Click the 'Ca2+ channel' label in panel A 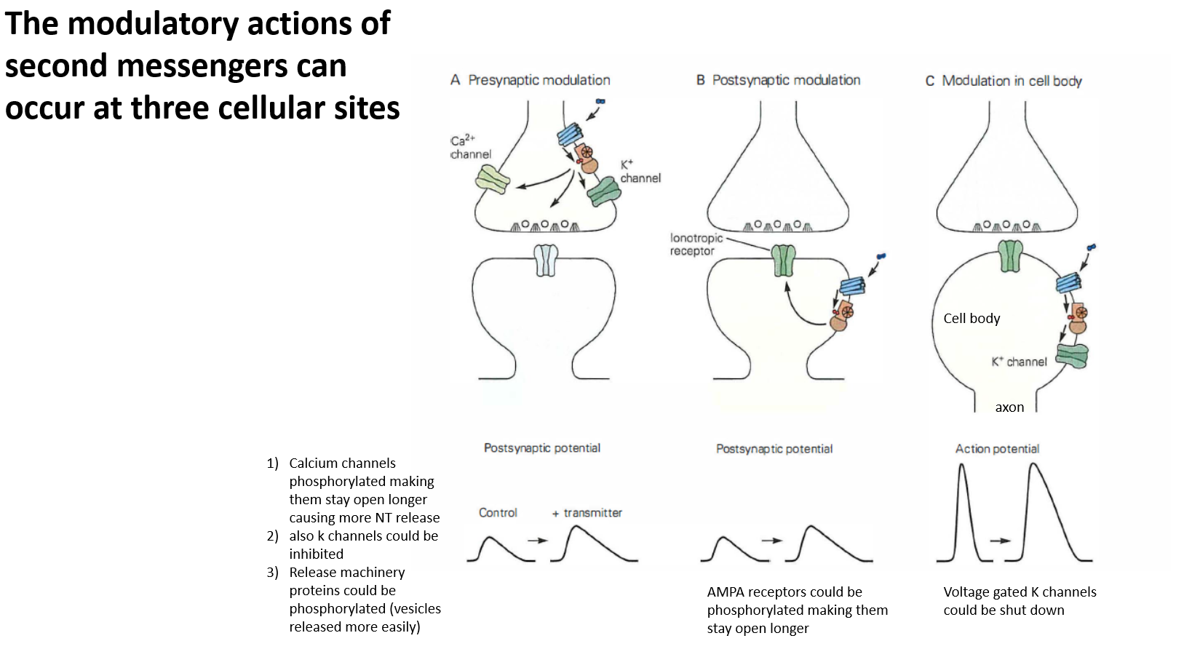pos(470,147)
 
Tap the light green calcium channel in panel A pos(492,179)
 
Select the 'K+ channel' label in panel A pos(640,172)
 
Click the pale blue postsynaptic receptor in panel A pos(546,260)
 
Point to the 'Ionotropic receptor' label pos(696,244)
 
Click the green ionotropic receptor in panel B pos(783,260)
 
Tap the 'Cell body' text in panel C pos(972,319)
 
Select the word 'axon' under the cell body pos(1009,407)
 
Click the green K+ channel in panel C pos(1072,356)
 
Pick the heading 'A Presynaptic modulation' pos(531,80)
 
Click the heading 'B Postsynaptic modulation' pos(778,80)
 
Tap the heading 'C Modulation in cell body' pos(1004,81)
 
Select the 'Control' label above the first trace pos(498,513)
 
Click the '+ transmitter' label pos(587,513)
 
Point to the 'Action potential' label pos(997,449)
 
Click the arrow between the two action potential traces pos(1000,541)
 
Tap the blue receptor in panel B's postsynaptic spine pos(852,286)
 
